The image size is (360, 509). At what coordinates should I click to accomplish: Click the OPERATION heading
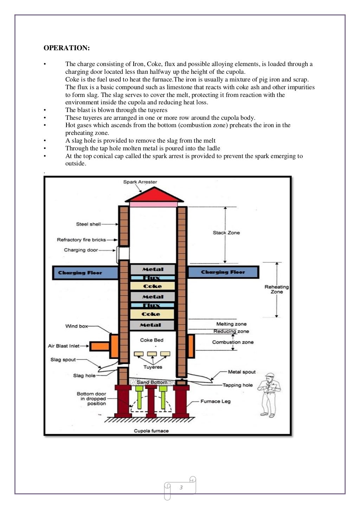point(66,48)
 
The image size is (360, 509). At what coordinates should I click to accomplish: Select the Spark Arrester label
point(140,182)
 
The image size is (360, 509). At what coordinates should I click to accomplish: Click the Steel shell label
point(88,224)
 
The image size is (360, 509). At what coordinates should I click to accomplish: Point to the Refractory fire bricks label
point(81,240)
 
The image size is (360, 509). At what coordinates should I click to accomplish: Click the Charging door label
point(81,250)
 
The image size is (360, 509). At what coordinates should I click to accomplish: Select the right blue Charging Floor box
point(223,272)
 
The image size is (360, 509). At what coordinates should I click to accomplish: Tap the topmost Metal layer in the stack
point(153,269)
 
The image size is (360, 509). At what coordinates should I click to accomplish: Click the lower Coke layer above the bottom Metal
point(151,314)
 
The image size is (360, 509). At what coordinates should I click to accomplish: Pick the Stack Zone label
point(226,233)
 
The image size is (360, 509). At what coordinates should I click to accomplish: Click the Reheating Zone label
point(277,289)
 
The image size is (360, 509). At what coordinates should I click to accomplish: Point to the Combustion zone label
point(233,342)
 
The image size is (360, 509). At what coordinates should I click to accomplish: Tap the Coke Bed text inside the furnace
point(152,340)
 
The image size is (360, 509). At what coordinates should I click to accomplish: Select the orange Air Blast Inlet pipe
point(99,346)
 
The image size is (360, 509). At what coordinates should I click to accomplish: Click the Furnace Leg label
point(216,401)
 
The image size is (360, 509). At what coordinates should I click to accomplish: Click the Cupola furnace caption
point(151,431)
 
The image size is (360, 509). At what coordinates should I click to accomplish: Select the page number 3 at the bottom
point(181,487)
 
